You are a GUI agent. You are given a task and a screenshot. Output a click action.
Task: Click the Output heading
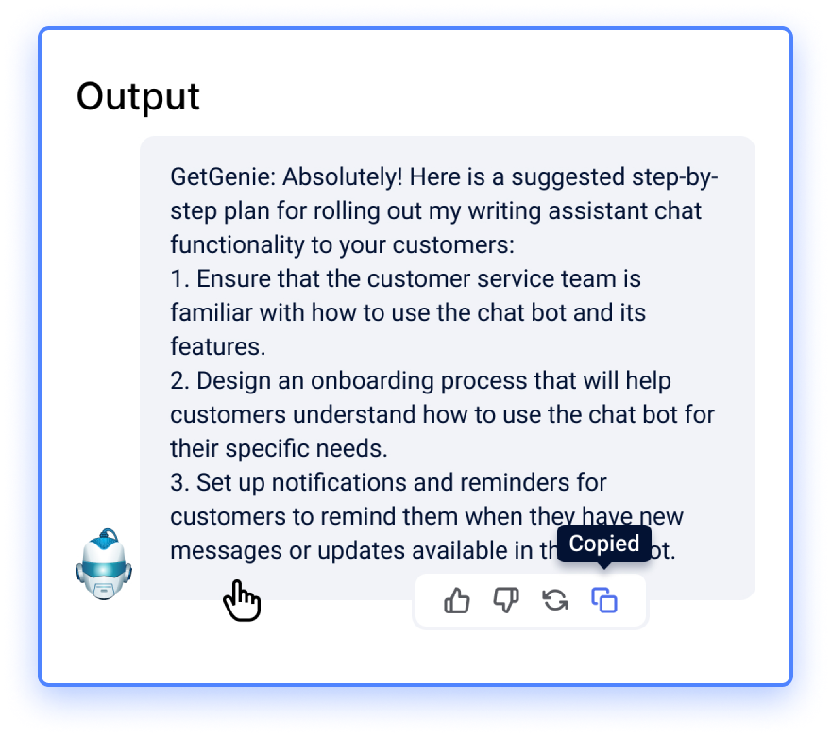(138, 97)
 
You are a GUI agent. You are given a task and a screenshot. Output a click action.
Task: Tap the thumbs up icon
(457, 600)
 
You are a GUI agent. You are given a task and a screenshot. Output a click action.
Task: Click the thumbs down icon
(506, 600)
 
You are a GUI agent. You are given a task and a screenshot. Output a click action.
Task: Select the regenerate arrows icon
(555, 600)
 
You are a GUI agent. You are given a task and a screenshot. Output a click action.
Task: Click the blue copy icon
(604, 600)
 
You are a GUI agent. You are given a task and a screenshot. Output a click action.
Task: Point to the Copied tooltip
(604, 544)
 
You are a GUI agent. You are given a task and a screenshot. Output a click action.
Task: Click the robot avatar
(104, 564)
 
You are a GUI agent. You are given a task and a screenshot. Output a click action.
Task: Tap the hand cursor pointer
(242, 600)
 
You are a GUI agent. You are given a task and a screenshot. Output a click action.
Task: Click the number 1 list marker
(179, 279)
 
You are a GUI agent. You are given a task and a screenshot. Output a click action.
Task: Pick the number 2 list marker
(179, 381)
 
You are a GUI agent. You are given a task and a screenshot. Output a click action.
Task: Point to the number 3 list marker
(179, 483)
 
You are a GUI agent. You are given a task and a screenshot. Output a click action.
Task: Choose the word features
(216, 347)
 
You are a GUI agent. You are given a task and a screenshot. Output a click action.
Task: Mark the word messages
(226, 551)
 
